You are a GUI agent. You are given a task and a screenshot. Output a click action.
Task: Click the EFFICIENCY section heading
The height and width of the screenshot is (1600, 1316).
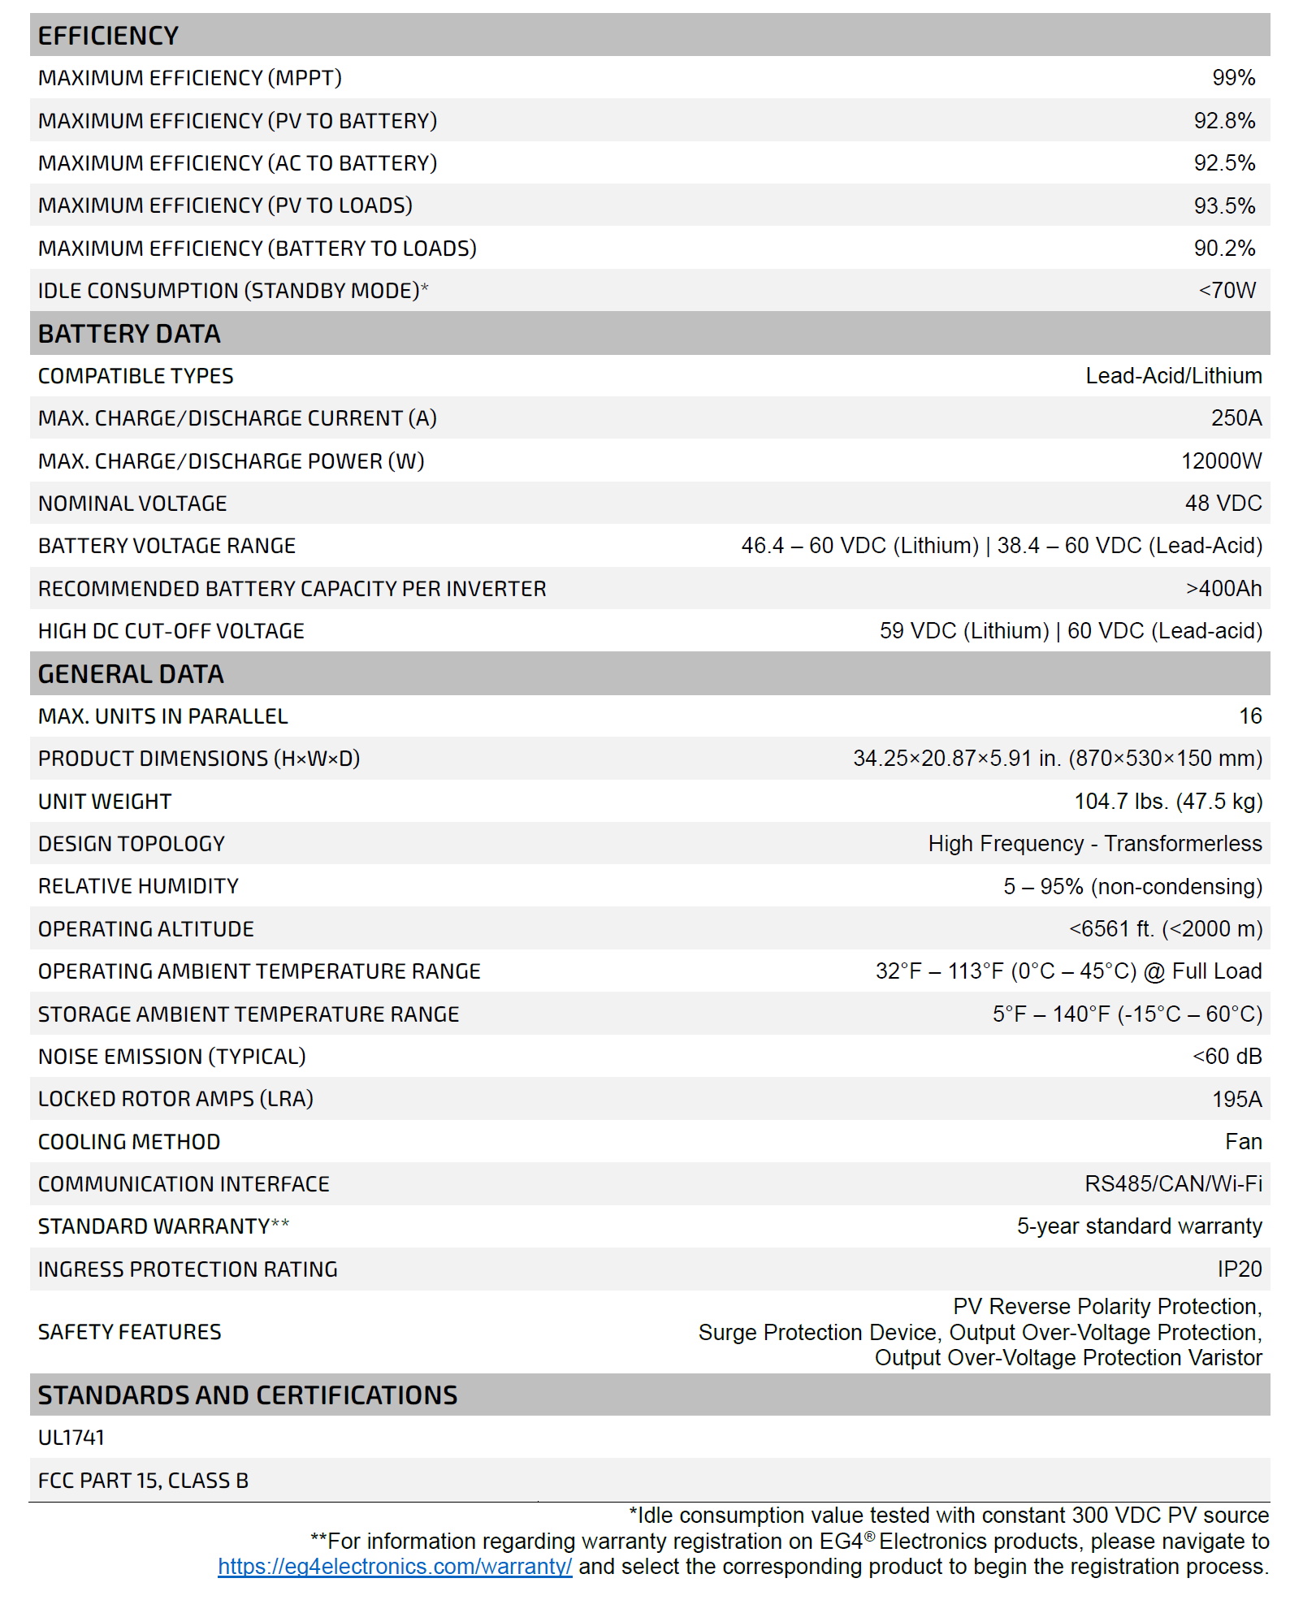point(108,36)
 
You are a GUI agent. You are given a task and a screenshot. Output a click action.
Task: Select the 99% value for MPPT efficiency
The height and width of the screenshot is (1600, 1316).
point(1233,78)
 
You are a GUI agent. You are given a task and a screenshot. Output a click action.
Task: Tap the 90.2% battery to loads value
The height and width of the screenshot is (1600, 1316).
point(1224,249)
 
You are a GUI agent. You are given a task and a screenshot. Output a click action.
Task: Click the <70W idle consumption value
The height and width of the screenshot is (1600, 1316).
point(1227,291)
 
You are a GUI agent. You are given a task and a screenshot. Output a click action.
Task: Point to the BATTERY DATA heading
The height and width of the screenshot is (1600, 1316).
point(129,334)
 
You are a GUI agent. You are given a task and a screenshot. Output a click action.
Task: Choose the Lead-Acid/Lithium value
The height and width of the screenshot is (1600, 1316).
point(1173,376)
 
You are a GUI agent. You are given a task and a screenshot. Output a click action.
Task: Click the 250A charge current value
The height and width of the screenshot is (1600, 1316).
point(1236,418)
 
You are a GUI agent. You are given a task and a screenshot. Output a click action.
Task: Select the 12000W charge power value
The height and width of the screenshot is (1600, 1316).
point(1221,461)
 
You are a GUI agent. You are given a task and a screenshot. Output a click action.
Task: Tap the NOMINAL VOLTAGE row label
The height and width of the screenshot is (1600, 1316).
point(132,504)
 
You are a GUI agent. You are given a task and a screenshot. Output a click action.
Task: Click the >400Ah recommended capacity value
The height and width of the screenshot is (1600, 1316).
point(1223,589)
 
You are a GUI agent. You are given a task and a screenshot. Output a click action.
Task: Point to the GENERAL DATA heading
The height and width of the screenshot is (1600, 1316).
point(131,674)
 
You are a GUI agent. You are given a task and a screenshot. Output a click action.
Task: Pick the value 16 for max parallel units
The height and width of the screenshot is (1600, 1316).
point(1250,716)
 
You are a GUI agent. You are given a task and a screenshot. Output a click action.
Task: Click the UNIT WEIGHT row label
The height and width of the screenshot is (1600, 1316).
point(105,802)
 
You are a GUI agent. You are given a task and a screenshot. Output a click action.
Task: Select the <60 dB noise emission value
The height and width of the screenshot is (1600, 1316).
point(1227,1057)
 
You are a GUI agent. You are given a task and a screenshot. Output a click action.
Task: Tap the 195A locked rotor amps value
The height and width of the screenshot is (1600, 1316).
point(1236,1100)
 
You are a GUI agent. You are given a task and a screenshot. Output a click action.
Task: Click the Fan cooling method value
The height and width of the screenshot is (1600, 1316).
point(1243,1142)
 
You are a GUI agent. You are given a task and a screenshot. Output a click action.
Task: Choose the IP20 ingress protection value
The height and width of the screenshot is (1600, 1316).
point(1239,1269)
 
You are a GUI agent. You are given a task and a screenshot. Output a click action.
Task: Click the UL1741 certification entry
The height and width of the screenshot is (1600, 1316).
point(71,1438)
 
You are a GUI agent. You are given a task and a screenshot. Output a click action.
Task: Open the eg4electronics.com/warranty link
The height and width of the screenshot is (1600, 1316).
point(395,1567)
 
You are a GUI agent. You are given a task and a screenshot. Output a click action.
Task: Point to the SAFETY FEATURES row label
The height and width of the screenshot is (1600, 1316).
point(129,1332)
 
